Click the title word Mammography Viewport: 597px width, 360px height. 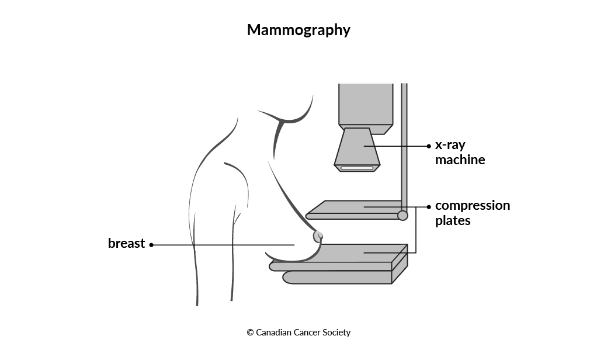(298, 30)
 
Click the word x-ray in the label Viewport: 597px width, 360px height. (450, 145)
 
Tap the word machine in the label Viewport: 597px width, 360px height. (460, 160)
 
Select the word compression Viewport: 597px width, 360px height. (473, 206)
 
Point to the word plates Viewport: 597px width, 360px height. (453, 220)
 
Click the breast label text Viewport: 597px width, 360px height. (126, 243)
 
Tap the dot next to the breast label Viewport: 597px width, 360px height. (151, 245)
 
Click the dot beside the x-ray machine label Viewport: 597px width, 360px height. (429, 146)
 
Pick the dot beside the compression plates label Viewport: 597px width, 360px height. (429, 207)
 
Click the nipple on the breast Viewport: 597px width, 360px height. (318, 237)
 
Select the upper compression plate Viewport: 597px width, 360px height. (354, 210)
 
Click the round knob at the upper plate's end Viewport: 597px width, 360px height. (402, 216)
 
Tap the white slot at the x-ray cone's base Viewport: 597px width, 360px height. (357, 168)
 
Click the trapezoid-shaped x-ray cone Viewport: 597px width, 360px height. (357, 150)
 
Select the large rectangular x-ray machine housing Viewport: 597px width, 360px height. (366, 109)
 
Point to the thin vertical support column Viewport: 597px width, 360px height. (404, 147)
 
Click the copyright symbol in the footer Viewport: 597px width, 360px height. (250, 333)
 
